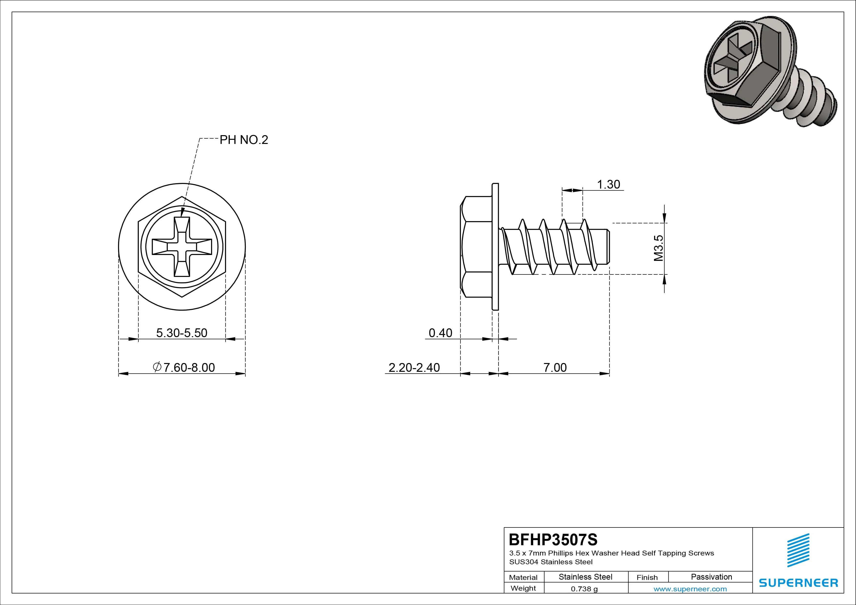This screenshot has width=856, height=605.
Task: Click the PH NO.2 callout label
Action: pyautogui.click(x=244, y=140)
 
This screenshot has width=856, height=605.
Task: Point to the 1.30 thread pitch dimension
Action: pyautogui.click(x=608, y=184)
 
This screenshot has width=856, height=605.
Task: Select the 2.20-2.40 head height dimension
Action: pyautogui.click(x=414, y=368)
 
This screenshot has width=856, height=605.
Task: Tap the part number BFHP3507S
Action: pyautogui.click(x=553, y=539)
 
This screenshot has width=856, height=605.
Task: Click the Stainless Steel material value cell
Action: pyautogui.click(x=585, y=577)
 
